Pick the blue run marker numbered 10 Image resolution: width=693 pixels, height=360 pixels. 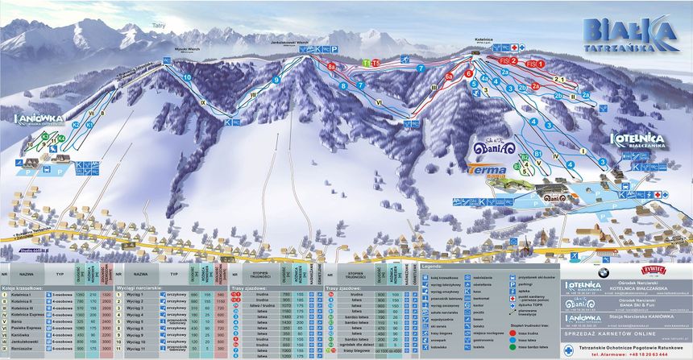click(187, 77)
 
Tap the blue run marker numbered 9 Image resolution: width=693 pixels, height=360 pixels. click(276, 80)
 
